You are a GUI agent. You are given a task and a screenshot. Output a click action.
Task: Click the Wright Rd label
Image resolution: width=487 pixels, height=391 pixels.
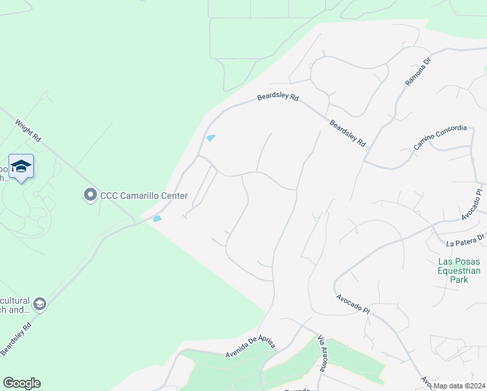(x=28, y=130)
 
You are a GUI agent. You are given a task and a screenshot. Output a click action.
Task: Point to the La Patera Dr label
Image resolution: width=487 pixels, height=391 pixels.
(x=466, y=240)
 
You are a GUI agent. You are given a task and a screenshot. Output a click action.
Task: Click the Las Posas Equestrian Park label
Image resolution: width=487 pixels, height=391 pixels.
(x=459, y=270)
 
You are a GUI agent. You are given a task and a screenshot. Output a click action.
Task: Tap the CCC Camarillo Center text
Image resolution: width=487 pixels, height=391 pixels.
(x=143, y=195)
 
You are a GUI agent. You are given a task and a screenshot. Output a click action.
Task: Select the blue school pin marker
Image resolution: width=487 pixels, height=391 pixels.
(x=21, y=167)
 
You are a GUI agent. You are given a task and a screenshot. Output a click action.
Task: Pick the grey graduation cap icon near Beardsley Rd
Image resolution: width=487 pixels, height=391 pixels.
(x=40, y=304)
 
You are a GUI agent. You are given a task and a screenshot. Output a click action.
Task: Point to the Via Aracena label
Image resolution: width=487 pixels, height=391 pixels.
(x=321, y=354)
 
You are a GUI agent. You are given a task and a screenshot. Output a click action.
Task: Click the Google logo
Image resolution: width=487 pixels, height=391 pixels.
(x=21, y=383)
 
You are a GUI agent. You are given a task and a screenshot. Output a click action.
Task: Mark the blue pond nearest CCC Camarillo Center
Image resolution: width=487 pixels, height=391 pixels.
(x=157, y=219)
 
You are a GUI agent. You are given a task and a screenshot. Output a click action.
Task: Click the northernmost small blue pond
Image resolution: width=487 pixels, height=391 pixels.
(x=210, y=138)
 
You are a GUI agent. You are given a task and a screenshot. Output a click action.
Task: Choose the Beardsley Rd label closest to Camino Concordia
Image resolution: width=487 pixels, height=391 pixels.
(x=347, y=133)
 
